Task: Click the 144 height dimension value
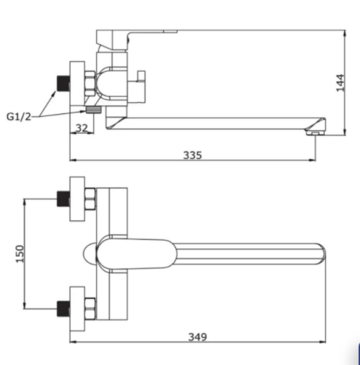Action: (x=341, y=83)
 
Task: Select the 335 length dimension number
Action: (x=192, y=155)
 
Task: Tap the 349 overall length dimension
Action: (x=197, y=337)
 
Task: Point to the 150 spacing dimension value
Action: (x=20, y=254)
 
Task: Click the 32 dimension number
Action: (x=82, y=128)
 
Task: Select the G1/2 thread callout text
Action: (x=19, y=116)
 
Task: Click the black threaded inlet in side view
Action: (x=63, y=83)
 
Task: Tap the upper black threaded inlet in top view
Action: (x=63, y=198)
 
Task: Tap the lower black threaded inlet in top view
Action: (x=63, y=308)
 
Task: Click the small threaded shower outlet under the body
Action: (x=94, y=109)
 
